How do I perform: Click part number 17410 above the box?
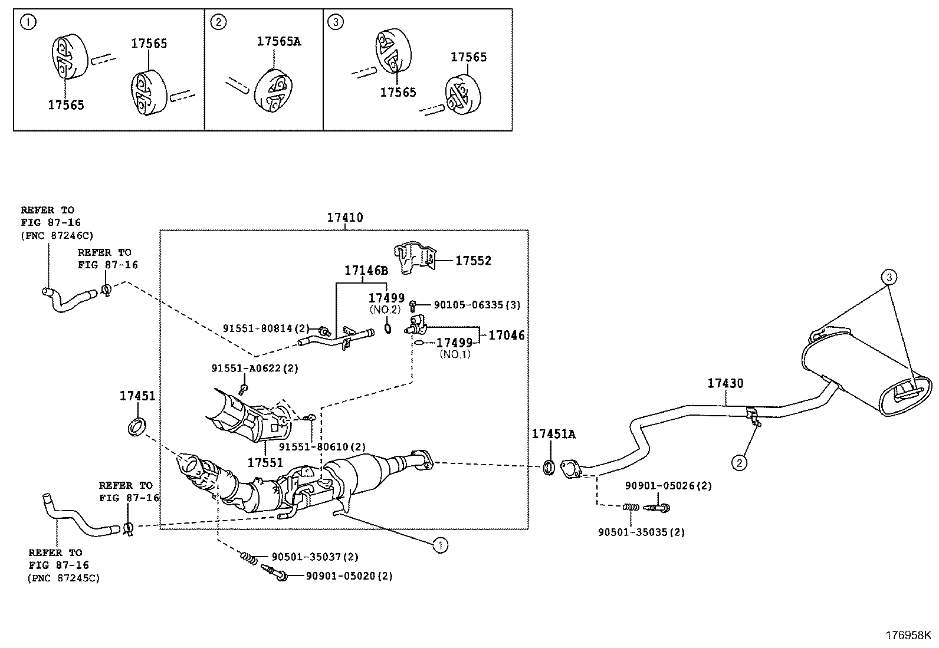(345, 218)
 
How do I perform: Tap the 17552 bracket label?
(473, 260)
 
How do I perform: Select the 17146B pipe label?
(366, 271)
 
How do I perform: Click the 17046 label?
(506, 335)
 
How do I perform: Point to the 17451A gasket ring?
(549, 468)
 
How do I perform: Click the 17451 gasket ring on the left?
(137, 427)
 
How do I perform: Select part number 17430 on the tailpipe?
(725, 383)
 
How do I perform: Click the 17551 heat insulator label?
(265, 463)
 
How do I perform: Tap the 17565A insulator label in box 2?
(279, 42)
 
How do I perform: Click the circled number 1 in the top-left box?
(28, 23)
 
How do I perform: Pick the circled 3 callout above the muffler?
(889, 276)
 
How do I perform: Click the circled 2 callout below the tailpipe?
(740, 462)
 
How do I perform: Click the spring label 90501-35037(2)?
(315, 557)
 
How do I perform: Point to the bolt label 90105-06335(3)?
(477, 305)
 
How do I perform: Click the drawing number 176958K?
(908, 635)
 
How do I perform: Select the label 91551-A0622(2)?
(255, 369)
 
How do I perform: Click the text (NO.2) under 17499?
(385, 310)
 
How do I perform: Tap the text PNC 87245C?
(63, 578)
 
